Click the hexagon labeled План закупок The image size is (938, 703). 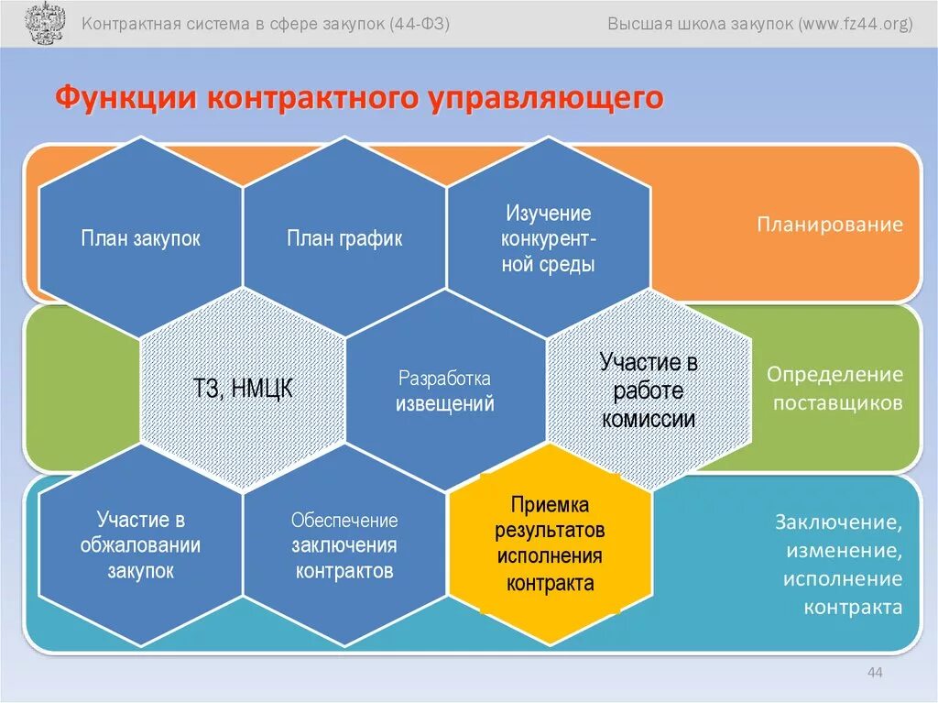click(140, 239)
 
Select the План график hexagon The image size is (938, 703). click(344, 239)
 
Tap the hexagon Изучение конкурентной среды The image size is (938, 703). click(548, 239)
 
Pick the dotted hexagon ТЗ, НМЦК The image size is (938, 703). click(244, 390)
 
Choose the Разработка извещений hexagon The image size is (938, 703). click(445, 390)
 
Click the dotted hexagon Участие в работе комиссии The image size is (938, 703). click(649, 390)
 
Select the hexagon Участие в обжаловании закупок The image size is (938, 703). click(140, 545)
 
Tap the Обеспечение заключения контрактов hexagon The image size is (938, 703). click(344, 545)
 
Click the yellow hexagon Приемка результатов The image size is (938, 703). click(550, 543)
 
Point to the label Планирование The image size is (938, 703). click(830, 225)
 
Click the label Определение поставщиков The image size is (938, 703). click(834, 389)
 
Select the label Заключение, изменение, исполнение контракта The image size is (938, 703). click(838, 565)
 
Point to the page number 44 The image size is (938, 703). click(874, 674)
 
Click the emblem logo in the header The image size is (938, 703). click(40, 23)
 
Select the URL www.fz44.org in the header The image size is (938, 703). click(856, 23)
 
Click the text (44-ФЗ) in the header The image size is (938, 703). click(420, 23)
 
